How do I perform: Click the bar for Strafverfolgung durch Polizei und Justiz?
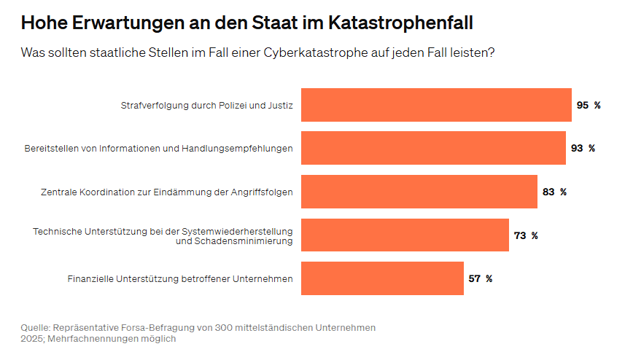(436, 105)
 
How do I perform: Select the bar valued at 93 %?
(433, 148)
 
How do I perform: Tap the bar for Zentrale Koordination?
(419, 192)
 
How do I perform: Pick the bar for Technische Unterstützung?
(405, 235)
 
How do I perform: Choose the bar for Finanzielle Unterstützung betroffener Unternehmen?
(382, 278)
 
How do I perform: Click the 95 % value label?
(588, 105)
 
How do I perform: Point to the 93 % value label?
(583, 148)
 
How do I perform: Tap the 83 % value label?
(554, 192)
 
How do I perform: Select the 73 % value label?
(525, 235)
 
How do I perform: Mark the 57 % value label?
(480, 278)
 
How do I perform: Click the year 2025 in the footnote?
(32, 339)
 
